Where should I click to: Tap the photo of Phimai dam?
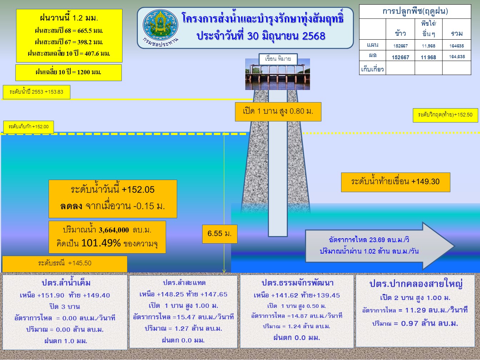click(x=277, y=74)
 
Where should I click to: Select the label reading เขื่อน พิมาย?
click(x=278, y=59)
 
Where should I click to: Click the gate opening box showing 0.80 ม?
click(x=278, y=111)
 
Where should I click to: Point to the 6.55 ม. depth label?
click(x=220, y=234)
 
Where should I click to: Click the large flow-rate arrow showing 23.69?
click(x=379, y=246)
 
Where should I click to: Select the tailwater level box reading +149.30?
click(x=396, y=182)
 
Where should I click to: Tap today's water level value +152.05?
click(x=138, y=190)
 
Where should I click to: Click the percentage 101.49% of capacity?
click(x=101, y=243)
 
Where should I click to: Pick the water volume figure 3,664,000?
click(x=114, y=230)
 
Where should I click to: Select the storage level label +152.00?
click(x=29, y=127)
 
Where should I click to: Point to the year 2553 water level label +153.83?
click(x=36, y=92)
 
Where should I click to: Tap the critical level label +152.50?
click(x=445, y=115)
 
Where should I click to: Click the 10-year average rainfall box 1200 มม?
click(x=69, y=72)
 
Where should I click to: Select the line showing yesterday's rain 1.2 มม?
click(x=69, y=18)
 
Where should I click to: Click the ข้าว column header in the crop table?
click(x=400, y=34)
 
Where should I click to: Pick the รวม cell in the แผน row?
click(x=456, y=46)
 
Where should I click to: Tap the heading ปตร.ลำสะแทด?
click(x=184, y=282)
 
